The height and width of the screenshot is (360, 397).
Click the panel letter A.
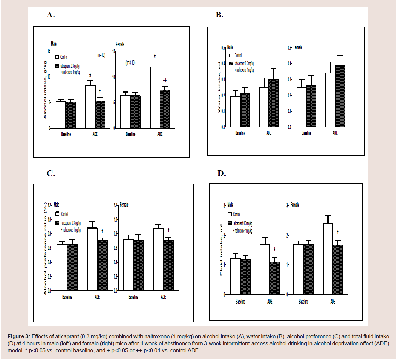[x=51, y=15]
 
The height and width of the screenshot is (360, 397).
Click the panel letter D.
[x=221, y=173]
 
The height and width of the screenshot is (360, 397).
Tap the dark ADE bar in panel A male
[x=100, y=114]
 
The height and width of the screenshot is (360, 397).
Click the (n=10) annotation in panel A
[x=101, y=55]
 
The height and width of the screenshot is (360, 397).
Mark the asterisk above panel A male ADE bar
[x=90, y=75]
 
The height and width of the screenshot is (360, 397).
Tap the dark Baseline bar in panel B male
[x=245, y=110]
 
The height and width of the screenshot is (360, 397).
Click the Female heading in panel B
[x=298, y=47]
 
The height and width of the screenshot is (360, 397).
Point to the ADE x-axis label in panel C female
[x=163, y=297]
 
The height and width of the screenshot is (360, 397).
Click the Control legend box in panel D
[x=229, y=214]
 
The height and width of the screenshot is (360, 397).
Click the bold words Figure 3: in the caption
[x=19, y=337]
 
